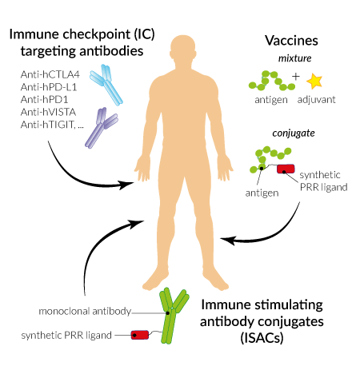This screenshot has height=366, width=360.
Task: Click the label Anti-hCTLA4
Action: (x=50, y=74)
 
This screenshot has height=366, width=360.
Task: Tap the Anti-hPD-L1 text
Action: (x=49, y=87)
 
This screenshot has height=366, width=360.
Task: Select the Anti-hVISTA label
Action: (x=48, y=112)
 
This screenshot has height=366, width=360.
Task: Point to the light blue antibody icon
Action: (x=106, y=85)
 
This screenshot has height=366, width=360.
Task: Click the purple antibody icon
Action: (x=102, y=128)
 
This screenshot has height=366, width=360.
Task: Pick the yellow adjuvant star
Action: (x=314, y=81)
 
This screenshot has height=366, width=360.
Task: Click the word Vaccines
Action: (x=291, y=41)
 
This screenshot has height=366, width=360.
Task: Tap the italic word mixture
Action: (x=295, y=58)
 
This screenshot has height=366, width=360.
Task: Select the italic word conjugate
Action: (x=294, y=133)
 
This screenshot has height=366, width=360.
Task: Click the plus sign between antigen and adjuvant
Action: (x=295, y=77)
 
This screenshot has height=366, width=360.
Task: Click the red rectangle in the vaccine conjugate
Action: (x=286, y=169)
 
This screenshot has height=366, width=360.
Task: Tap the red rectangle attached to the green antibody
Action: (x=140, y=335)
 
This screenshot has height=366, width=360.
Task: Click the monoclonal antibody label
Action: (x=85, y=311)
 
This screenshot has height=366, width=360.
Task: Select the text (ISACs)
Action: (x=262, y=338)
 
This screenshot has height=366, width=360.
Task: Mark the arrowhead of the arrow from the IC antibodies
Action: (x=126, y=185)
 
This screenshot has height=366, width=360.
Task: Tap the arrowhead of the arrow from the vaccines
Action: (x=228, y=240)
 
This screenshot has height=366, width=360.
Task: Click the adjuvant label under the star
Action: (x=317, y=100)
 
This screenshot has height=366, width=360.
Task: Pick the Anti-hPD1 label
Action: (x=44, y=100)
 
